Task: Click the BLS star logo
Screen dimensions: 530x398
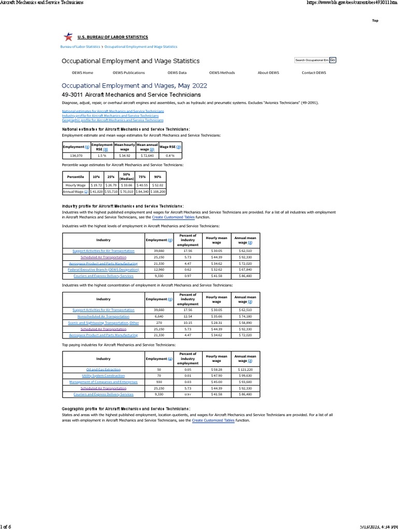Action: coord(67,37)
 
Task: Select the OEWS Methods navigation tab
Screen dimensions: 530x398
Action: coord(222,73)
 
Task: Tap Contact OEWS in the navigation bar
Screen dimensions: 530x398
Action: coord(314,73)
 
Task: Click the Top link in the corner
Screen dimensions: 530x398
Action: coord(375,20)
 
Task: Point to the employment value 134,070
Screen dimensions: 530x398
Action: coord(76,155)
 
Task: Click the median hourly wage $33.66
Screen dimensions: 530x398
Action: coord(126,185)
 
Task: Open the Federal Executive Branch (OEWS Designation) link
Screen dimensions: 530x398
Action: coord(103,270)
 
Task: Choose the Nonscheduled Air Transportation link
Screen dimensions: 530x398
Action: coord(103,316)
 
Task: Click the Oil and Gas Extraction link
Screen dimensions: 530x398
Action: coord(103,370)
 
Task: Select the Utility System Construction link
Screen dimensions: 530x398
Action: coord(103,376)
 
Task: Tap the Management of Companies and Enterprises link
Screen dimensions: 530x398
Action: coord(103,382)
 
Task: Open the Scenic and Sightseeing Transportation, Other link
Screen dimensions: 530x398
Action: coord(103,322)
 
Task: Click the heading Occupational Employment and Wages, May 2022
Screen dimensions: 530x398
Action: coord(134,85)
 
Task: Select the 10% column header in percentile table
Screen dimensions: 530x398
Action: coord(96,176)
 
